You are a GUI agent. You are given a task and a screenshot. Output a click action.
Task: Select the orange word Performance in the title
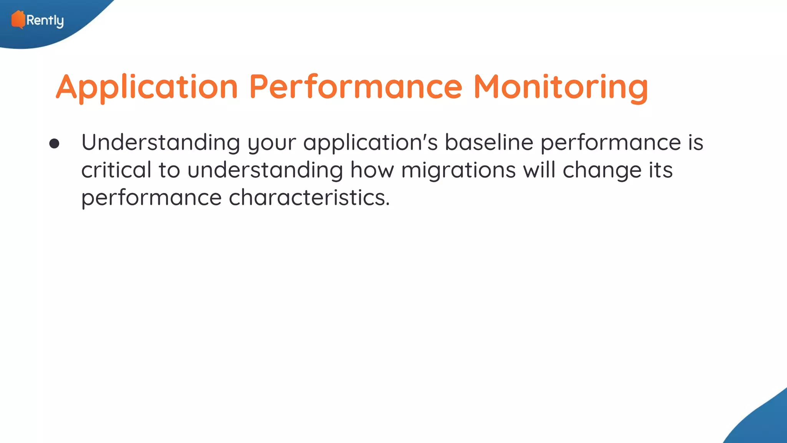pyautogui.click(x=355, y=87)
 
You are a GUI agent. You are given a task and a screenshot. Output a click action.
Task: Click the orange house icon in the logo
pyautogui.click(x=18, y=20)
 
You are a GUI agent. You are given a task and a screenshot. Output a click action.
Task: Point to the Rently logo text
pyautogui.click(x=45, y=20)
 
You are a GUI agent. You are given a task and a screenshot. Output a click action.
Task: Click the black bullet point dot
pyautogui.click(x=54, y=144)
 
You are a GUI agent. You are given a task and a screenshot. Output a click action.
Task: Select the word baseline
pyautogui.click(x=489, y=143)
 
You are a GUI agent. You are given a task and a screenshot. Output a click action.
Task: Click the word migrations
pyautogui.click(x=458, y=170)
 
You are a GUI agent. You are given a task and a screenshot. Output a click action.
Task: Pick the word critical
pyautogui.click(x=116, y=170)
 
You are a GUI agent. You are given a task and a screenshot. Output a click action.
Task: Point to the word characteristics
pyautogui.click(x=309, y=198)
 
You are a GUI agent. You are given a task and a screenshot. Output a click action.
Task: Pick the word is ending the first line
pyautogui.click(x=696, y=143)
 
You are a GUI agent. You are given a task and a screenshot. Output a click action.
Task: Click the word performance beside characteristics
pyautogui.click(x=151, y=198)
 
